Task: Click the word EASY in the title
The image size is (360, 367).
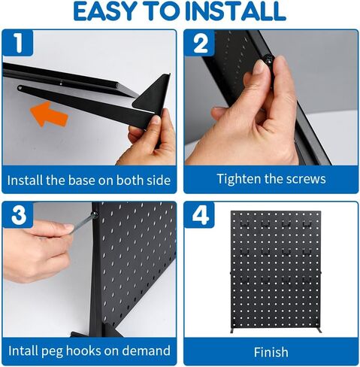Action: click(110, 11)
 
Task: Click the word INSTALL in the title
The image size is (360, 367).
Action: click(238, 11)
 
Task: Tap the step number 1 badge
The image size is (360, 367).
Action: click(23, 45)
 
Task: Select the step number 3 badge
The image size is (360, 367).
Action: click(23, 216)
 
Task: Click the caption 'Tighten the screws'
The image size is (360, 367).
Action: click(271, 179)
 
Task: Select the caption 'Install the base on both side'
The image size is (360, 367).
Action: click(89, 180)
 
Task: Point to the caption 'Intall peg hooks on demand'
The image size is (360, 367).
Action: click(89, 350)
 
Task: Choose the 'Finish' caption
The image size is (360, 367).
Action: click(271, 350)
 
